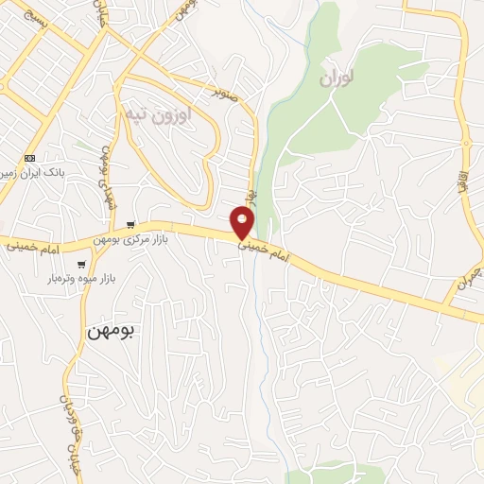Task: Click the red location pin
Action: tap(243, 221)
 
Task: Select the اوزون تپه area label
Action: tap(157, 114)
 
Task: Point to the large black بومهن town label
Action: tap(111, 331)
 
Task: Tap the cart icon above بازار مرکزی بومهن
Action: tap(130, 225)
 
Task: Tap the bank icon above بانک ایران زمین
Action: tap(29, 157)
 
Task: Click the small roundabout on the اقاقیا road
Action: tap(465, 145)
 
